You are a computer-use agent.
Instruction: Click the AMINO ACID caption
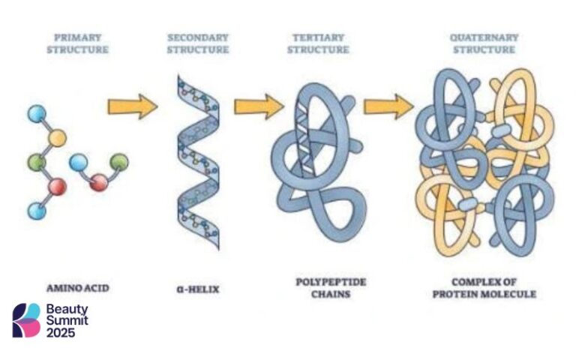click(x=79, y=289)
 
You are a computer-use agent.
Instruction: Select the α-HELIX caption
click(x=198, y=289)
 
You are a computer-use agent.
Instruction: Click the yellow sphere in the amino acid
click(x=57, y=138)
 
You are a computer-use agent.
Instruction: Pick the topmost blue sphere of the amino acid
click(x=36, y=114)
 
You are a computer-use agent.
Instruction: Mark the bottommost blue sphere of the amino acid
click(x=36, y=211)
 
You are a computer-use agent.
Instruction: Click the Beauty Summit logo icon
click(x=26, y=320)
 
